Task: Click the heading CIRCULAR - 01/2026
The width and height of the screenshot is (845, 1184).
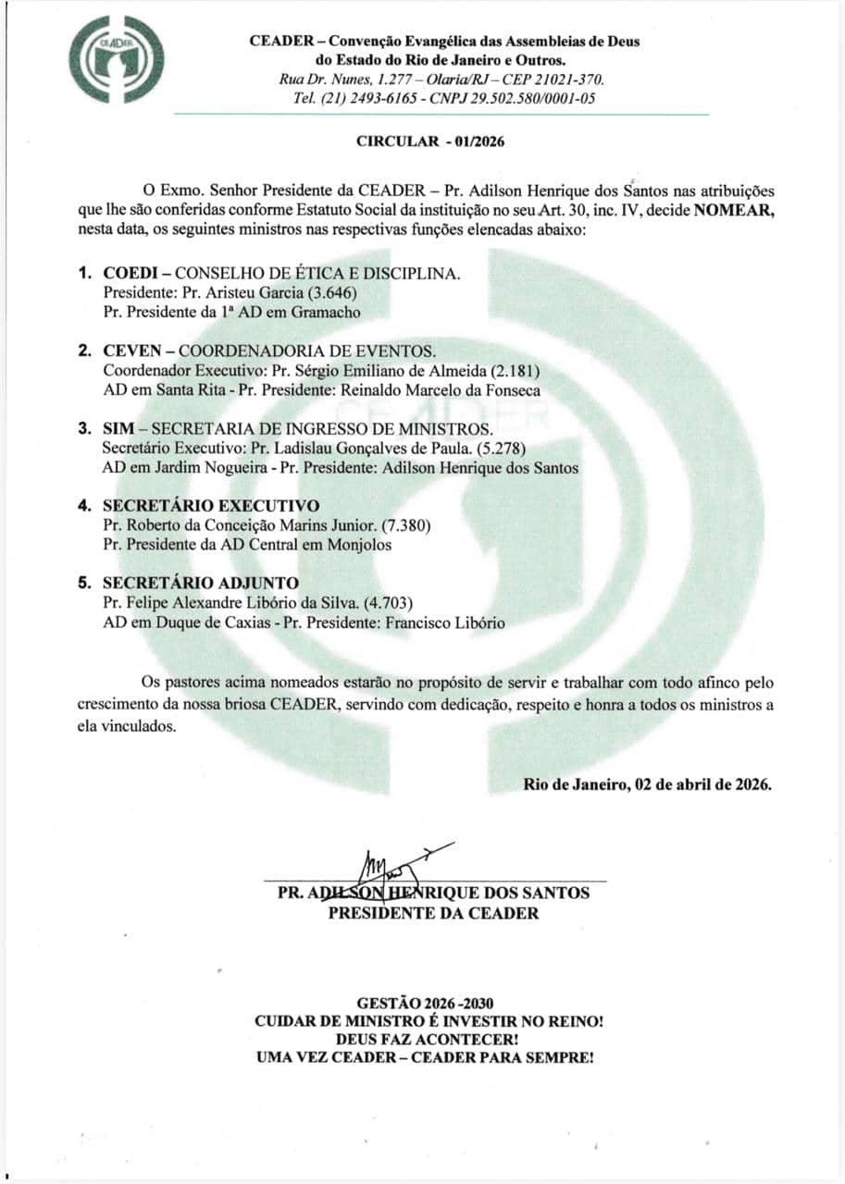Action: tap(431, 142)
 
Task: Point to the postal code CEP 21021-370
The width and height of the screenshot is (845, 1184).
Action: tap(554, 80)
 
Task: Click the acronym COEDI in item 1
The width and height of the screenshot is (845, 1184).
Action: tap(131, 275)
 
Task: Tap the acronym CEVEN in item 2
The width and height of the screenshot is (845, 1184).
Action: tap(132, 351)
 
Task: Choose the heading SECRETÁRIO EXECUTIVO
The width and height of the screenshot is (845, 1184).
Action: tap(211, 506)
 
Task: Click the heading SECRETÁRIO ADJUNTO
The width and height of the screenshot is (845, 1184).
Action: tap(201, 583)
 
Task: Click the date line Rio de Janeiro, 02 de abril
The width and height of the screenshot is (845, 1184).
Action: tap(647, 784)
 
